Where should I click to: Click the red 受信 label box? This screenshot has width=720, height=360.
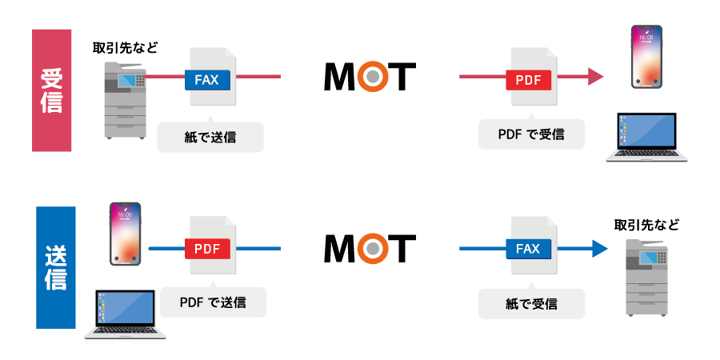[51, 90]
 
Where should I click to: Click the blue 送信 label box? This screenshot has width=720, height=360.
[56, 267]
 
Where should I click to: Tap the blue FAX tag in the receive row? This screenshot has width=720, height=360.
[207, 79]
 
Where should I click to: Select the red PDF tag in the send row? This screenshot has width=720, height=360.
[207, 249]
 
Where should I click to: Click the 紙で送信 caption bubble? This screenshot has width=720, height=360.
[210, 137]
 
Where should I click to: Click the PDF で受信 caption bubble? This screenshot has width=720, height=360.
[531, 134]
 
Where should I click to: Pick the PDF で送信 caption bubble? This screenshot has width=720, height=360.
[213, 302]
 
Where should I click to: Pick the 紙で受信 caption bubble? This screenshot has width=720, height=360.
[531, 304]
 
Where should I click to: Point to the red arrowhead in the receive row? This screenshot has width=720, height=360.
[595, 77]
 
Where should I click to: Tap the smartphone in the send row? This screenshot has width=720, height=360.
[126, 234]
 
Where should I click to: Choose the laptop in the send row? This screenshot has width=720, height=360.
[125, 314]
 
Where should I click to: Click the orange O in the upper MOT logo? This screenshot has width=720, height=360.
[370, 77]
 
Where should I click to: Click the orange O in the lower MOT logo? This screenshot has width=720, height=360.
[370, 249]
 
